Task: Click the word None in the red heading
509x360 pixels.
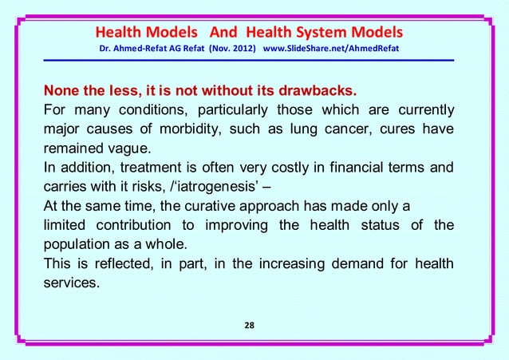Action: pyautogui.click(x=64, y=87)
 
